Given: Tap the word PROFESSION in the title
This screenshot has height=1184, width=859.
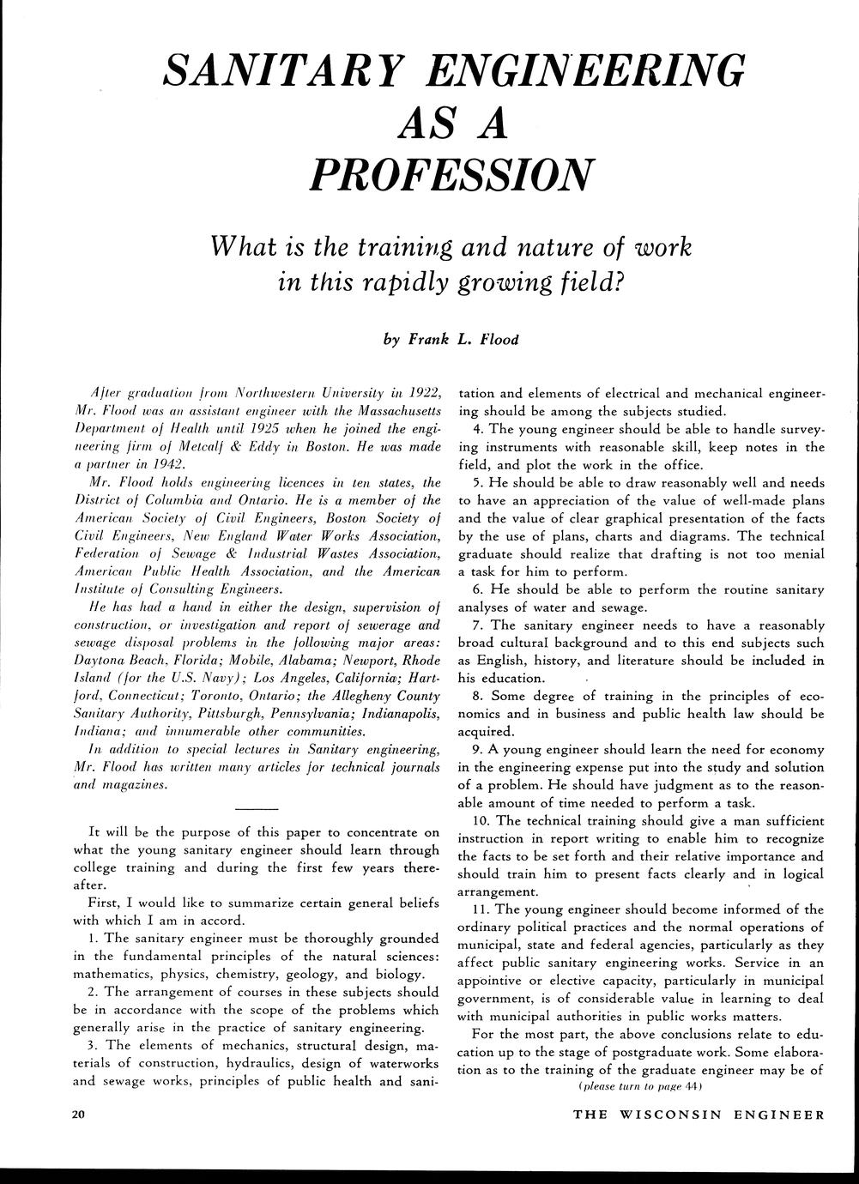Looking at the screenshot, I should point(450,172).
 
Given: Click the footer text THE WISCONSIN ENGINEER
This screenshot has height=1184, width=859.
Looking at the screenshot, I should point(699,1115).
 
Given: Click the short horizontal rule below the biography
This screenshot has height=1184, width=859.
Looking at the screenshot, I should point(256,809).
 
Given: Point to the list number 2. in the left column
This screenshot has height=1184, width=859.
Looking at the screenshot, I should point(94,992).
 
